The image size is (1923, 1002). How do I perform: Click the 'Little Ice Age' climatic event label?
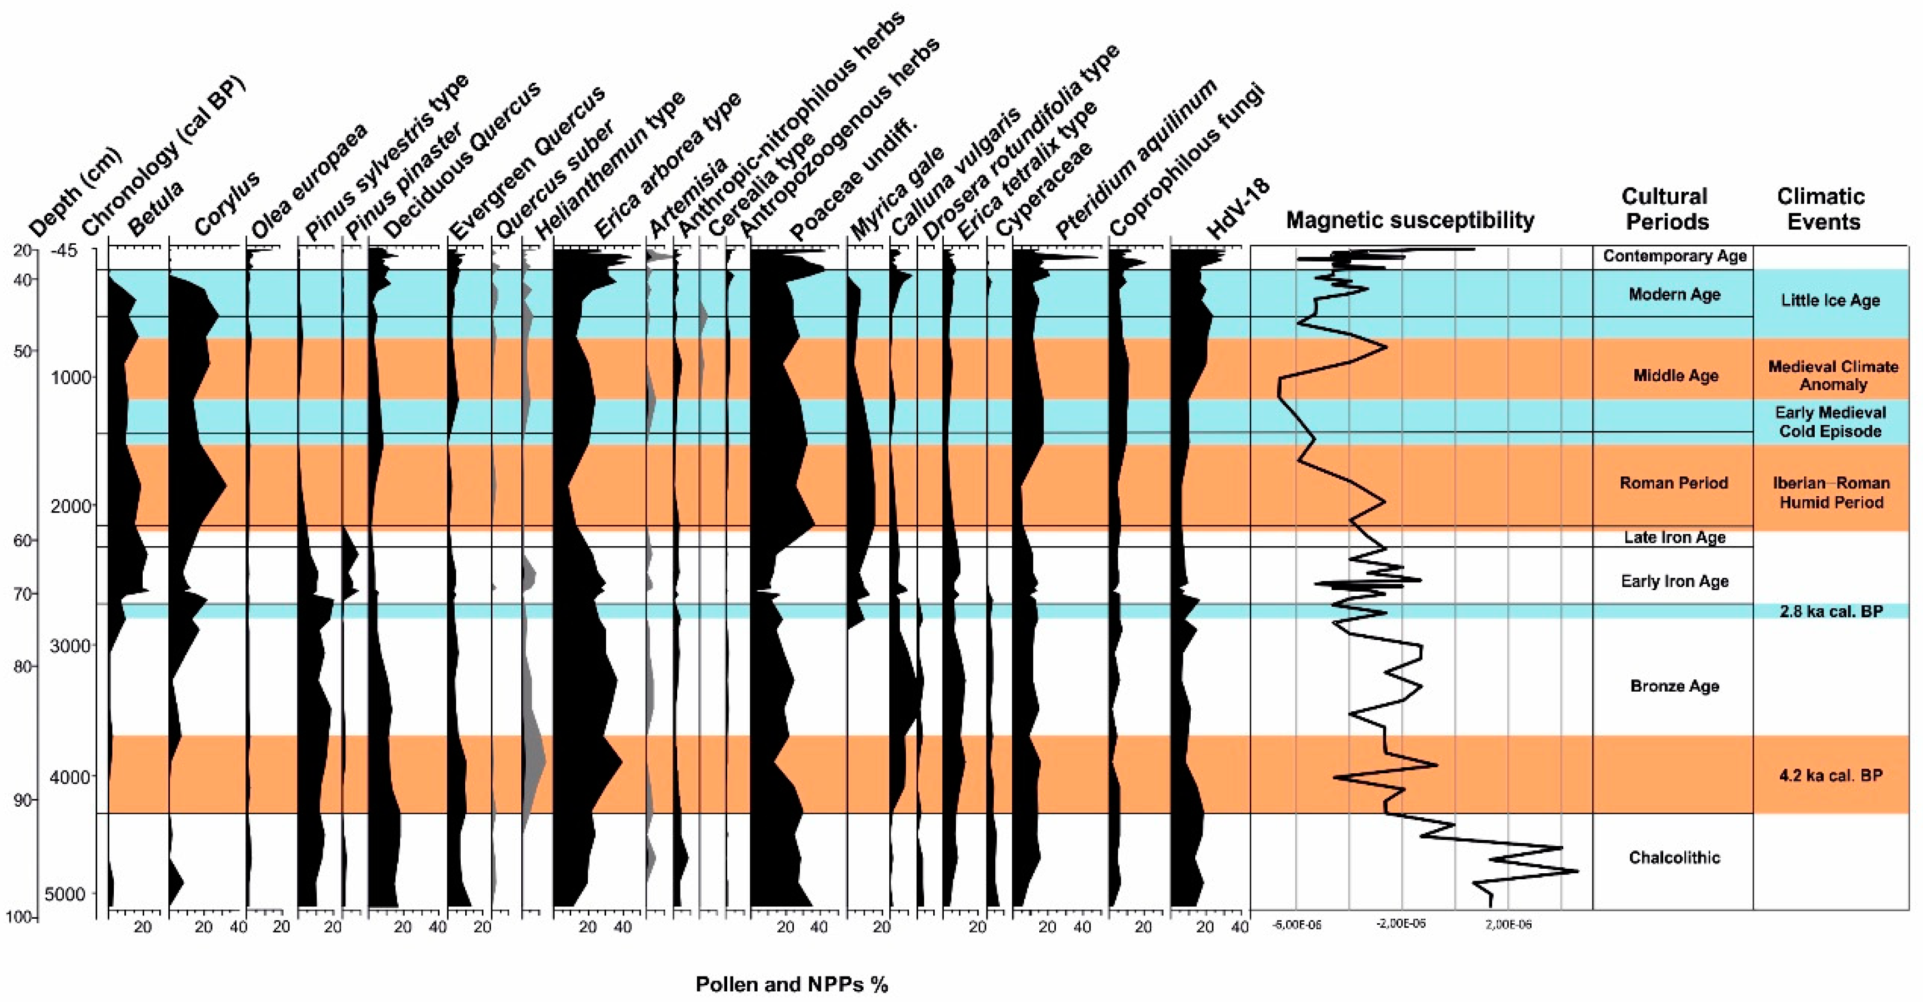1830,300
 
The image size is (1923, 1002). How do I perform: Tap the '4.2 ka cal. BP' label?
1830,775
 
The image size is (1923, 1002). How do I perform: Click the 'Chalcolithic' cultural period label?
1674,857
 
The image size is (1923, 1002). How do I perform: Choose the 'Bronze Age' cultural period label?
1674,686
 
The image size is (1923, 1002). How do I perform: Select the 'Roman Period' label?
1674,482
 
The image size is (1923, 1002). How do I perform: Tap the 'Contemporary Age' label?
1674,256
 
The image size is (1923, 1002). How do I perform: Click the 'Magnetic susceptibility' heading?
1409,220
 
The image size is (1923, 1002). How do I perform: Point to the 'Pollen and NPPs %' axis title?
791,984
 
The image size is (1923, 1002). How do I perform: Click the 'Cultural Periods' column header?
1665,209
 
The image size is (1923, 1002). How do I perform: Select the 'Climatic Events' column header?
1821,209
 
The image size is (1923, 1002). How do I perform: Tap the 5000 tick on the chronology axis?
65,894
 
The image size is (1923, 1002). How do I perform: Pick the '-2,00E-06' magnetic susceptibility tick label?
1401,924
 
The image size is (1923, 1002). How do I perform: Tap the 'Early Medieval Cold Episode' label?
1830,422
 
